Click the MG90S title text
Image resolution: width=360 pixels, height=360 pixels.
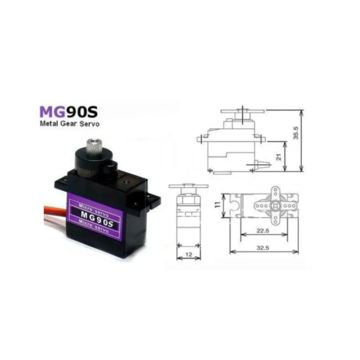(x=69, y=111)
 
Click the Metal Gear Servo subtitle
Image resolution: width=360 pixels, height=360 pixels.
(x=70, y=124)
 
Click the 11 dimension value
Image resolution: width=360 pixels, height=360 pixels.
(x=218, y=204)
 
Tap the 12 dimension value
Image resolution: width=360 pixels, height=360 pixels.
(x=188, y=254)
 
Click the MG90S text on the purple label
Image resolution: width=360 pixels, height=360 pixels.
(x=96, y=214)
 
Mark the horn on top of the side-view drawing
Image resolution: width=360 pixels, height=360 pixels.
(x=242, y=111)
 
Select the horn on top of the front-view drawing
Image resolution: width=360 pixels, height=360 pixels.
(x=188, y=186)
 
